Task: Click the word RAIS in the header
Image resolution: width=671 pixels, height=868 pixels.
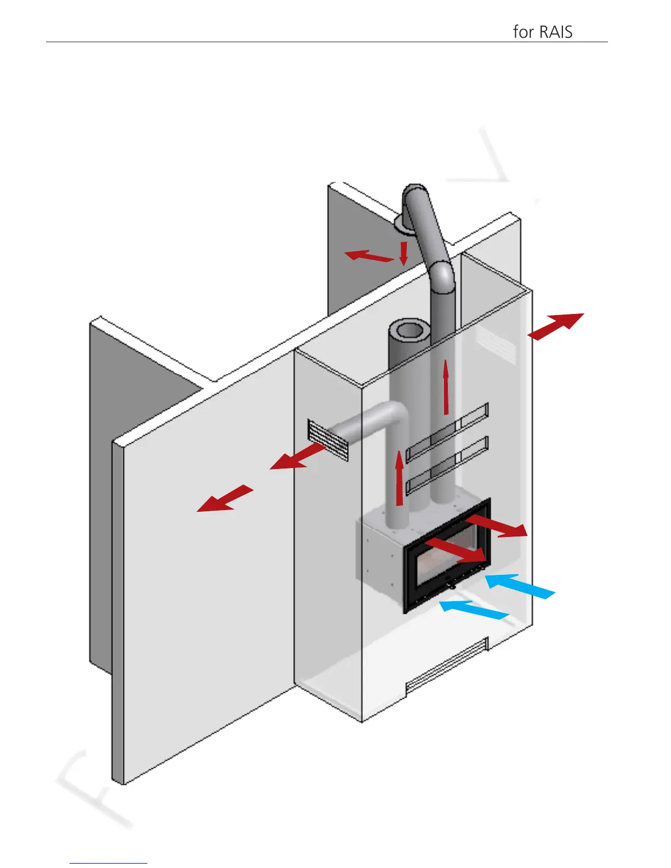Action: (556, 32)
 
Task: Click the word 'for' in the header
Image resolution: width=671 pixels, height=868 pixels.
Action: (523, 32)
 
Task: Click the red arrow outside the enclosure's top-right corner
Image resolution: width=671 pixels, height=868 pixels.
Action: (556, 326)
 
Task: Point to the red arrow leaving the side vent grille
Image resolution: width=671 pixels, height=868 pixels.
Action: (298, 457)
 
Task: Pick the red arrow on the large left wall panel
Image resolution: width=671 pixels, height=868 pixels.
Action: (225, 499)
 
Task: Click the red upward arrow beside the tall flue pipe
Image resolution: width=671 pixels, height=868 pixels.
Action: (446, 387)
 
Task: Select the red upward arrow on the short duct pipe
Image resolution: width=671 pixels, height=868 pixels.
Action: (400, 477)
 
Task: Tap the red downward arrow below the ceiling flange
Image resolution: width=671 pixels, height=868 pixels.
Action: (403, 253)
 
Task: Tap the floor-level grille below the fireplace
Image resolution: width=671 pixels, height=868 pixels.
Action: (446, 665)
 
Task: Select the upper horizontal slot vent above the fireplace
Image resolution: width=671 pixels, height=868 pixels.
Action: (447, 430)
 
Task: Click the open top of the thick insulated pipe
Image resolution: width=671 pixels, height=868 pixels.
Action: (408, 331)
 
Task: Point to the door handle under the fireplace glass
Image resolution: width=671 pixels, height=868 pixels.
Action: (450, 586)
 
